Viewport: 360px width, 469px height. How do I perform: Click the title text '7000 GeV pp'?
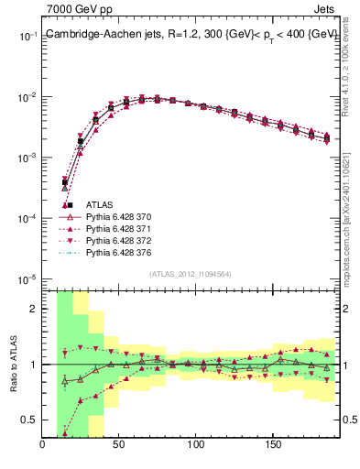(73, 9)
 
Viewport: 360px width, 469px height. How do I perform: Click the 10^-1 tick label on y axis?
(27, 37)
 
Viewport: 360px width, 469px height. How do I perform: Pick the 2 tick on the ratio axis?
(34, 309)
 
